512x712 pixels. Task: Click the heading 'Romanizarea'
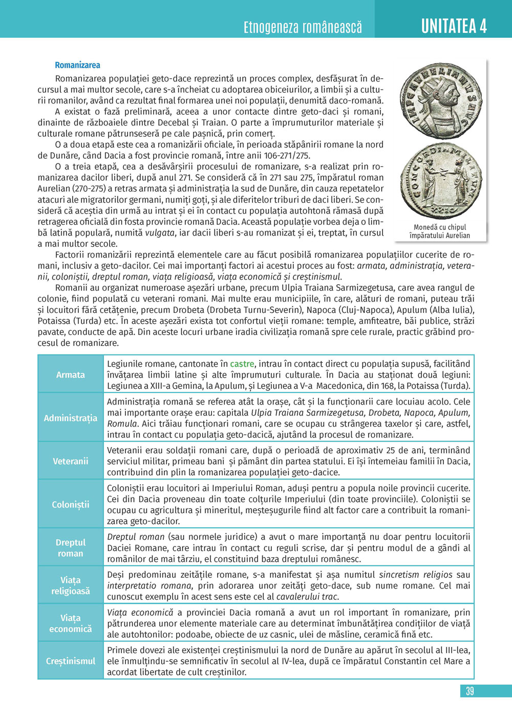(77, 65)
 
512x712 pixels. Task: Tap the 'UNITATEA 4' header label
(454, 26)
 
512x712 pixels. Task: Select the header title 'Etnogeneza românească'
(303, 27)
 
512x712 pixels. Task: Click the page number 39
(470, 691)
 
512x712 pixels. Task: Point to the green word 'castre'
(242, 364)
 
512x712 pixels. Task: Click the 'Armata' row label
(71, 374)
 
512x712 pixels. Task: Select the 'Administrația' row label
(71, 418)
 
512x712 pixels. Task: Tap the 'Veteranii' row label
(71, 461)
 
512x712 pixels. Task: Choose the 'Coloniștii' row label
(71, 505)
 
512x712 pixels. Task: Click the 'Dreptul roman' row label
(71, 548)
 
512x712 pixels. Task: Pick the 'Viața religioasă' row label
(71, 585)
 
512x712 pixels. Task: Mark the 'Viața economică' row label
(71, 623)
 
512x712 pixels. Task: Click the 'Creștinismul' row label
(71, 661)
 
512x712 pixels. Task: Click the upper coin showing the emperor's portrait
(440, 101)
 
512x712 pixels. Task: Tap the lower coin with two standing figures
(440, 182)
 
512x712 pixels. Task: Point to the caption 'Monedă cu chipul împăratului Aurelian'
(440, 231)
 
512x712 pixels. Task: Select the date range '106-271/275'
(284, 155)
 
